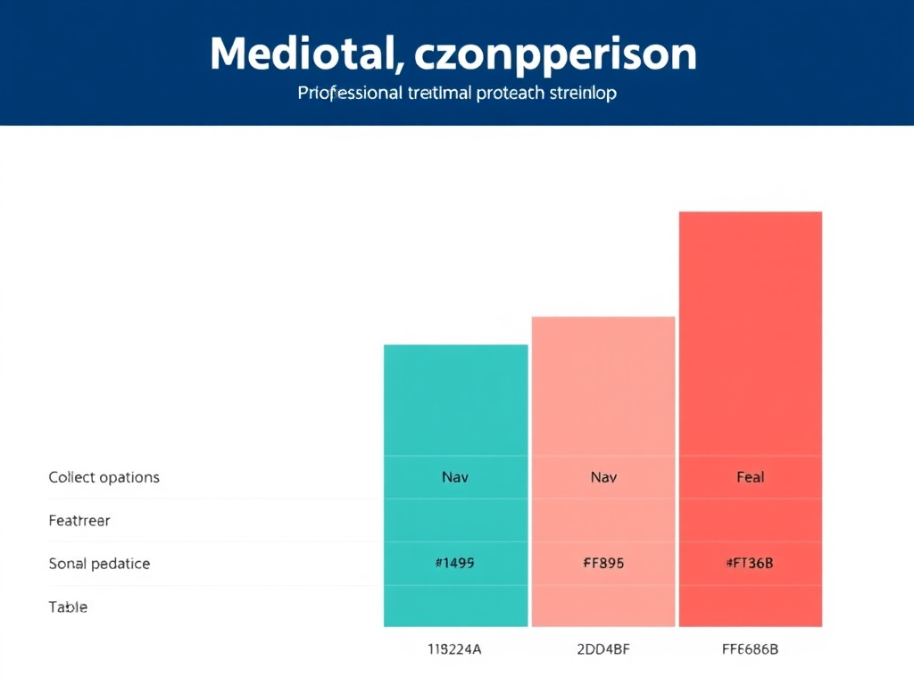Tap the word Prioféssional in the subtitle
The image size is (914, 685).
pyautogui.click(x=349, y=93)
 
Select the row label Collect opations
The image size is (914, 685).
pyautogui.click(x=104, y=477)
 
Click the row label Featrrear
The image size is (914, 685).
pyautogui.click(x=79, y=521)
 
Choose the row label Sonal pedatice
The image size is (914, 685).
pyautogui.click(x=99, y=564)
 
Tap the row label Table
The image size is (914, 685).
pyautogui.click(x=68, y=607)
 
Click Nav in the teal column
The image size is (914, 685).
pyautogui.click(x=455, y=477)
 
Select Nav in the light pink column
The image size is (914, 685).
pyautogui.click(x=603, y=477)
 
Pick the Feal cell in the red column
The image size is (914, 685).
pyautogui.click(x=751, y=477)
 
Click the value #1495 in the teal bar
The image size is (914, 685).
pyautogui.click(x=455, y=563)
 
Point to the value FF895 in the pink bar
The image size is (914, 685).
pyautogui.click(x=603, y=563)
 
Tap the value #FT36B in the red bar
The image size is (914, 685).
pyautogui.click(x=751, y=563)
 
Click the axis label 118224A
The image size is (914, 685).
pyautogui.click(x=455, y=649)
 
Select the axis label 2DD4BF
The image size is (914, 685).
pyautogui.click(x=603, y=649)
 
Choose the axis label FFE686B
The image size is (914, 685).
pyautogui.click(x=751, y=649)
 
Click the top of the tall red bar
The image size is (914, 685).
pyautogui.click(x=751, y=214)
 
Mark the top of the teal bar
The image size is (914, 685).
pyautogui.click(x=455, y=347)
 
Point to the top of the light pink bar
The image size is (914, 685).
pyautogui.click(x=603, y=319)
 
